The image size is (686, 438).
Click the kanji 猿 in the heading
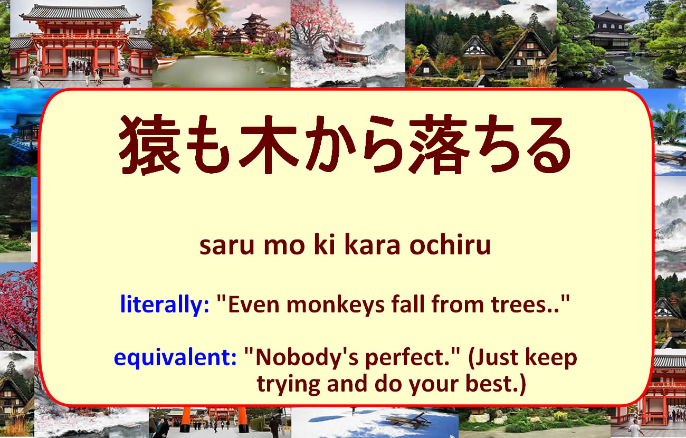pos(150,145)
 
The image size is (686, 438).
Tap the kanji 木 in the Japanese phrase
pos(268,145)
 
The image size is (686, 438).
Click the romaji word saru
pos(227,246)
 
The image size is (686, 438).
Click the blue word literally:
pos(165,304)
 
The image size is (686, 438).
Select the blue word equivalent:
pos(175,358)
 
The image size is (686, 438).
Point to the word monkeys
pos(335,305)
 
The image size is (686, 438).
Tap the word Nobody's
pos(307,357)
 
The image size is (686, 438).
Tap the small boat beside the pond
pos(166,60)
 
